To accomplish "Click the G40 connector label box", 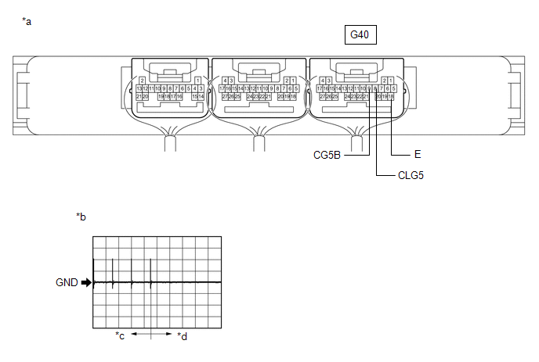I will [360, 35].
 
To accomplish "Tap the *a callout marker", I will [27, 21].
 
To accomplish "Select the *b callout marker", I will [81, 216].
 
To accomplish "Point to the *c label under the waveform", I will [120, 336].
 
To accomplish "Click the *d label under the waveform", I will [182, 336].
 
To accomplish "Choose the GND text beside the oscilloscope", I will [67, 283].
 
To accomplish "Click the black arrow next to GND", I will [86, 283].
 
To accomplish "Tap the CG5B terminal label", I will [327, 155].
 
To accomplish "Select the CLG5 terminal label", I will [411, 177].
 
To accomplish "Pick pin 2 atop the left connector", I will [142, 80].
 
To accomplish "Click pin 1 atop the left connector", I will [197, 80].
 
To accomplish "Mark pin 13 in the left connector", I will [139, 88].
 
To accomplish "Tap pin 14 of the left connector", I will [201, 97].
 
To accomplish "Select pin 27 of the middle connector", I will [224, 97].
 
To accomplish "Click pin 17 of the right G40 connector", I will [320, 88].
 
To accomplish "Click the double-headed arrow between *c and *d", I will [150, 333].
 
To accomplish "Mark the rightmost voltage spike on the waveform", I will [150, 271].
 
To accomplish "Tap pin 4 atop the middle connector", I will [225, 80].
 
